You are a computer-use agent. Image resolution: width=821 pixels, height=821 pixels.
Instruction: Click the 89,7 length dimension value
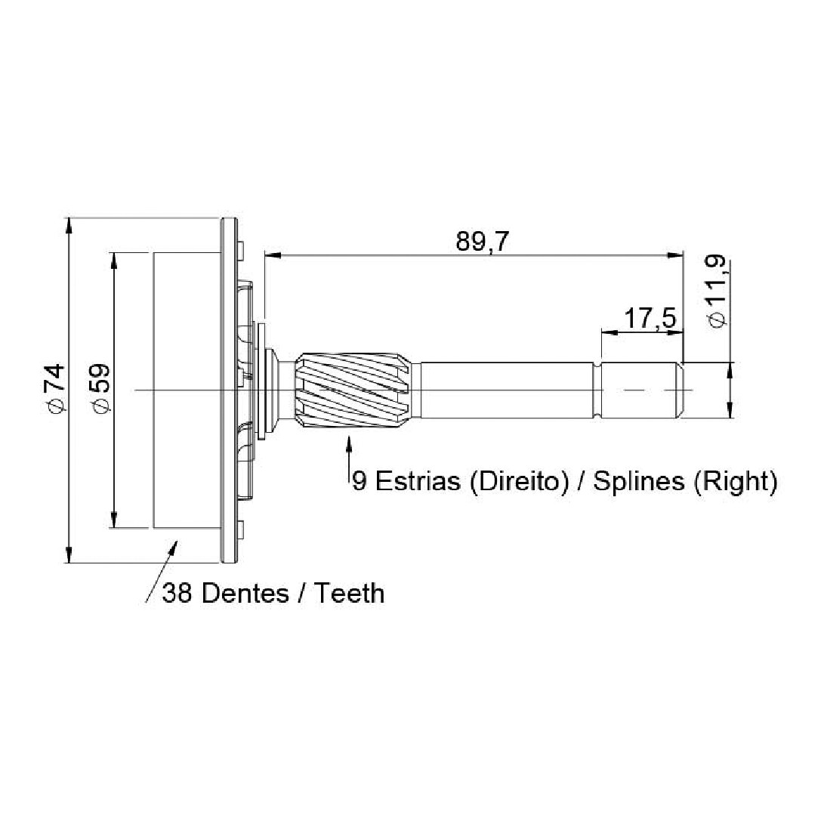point(482,242)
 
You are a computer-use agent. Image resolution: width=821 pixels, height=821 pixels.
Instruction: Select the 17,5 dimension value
point(650,318)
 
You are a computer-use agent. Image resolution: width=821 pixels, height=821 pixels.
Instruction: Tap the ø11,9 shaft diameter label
point(718,291)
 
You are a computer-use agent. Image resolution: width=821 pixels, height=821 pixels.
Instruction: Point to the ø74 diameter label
point(54,387)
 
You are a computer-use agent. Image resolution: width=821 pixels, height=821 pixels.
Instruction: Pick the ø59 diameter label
point(99,387)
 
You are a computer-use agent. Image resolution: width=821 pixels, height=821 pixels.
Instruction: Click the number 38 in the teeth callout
point(177,594)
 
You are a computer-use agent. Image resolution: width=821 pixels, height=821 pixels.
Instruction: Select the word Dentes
point(245,594)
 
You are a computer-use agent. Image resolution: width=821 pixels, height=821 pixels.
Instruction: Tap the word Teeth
point(349,594)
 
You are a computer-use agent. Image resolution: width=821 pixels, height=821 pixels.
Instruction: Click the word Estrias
point(418,480)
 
